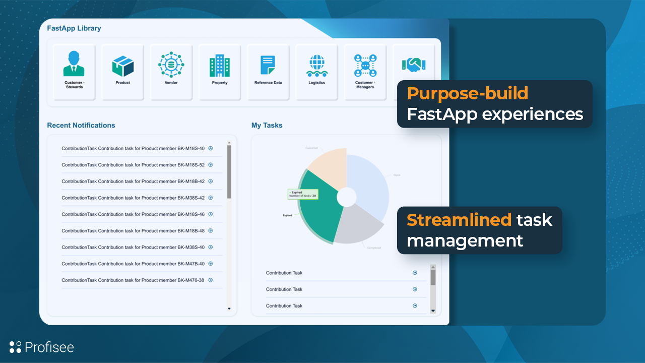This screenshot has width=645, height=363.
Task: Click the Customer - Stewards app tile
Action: (74, 72)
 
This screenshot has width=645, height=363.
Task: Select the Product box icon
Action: (122, 66)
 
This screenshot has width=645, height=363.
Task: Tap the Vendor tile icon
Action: (171, 65)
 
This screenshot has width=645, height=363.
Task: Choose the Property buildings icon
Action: (220, 66)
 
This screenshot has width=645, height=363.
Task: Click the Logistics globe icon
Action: (316, 66)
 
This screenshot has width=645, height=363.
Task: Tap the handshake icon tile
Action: (414, 65)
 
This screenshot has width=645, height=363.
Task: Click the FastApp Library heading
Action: (74, 28)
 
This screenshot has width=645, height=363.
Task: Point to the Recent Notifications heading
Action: (81, 125)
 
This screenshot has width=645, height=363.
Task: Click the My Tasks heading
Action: (267, 125)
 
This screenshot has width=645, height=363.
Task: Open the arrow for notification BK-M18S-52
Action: (211, 165)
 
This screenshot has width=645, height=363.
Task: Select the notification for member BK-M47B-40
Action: (133, 264)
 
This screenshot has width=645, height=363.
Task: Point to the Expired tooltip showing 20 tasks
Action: (303, 194)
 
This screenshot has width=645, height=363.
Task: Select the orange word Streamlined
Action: (459, 220)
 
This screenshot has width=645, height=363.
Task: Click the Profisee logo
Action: (42, 347)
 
